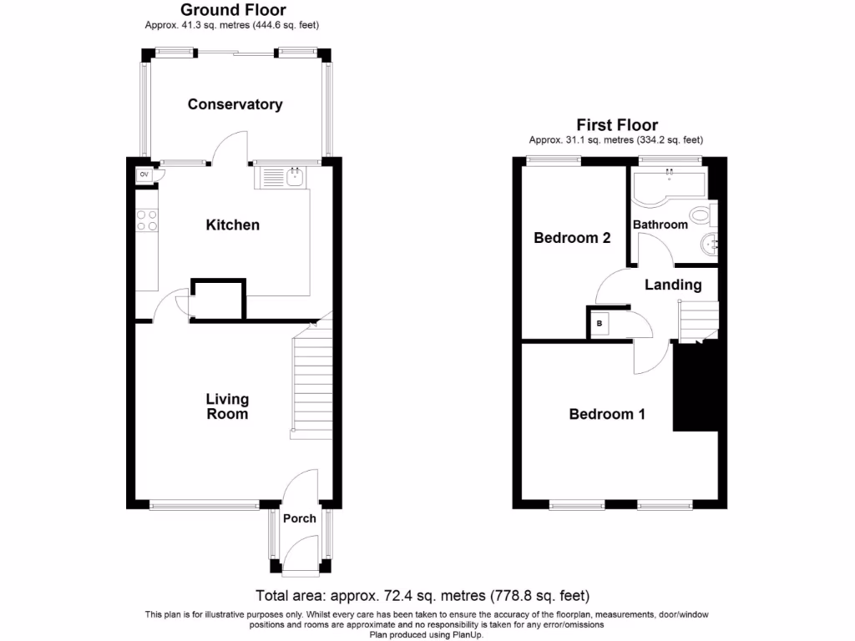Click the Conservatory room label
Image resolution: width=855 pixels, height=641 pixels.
(235, 104)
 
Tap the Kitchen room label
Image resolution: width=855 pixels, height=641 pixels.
(233, 225)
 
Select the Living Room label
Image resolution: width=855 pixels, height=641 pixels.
(227, 406)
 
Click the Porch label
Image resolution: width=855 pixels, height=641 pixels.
(299, 518)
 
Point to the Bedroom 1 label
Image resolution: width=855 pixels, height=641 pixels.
(606, 414)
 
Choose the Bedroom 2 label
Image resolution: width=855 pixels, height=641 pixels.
(572, 238)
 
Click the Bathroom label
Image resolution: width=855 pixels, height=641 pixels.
(660, 225)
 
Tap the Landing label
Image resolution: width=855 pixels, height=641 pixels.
(673, 285)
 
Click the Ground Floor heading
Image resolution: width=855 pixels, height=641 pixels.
(233, 10)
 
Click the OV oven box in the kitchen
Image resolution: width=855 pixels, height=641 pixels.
(144, 174)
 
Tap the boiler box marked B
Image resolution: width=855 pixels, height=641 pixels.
(599, 323)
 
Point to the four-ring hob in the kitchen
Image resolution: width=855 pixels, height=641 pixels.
(146, 220)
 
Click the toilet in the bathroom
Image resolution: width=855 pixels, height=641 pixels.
(703, 218)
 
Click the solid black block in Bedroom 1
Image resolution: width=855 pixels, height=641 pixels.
(695, 388)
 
